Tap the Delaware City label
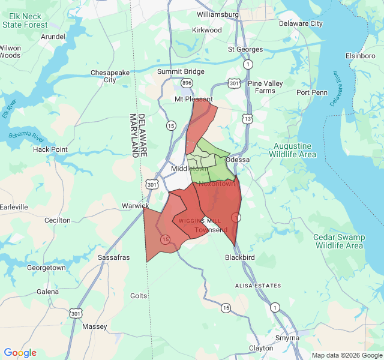301,23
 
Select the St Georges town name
245,49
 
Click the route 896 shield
188,82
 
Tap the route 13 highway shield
247,119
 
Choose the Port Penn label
312,92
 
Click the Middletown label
189,169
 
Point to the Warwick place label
135,206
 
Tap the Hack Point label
50,149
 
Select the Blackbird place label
240,257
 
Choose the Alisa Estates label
258,286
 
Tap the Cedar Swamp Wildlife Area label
339,241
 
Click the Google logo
20,353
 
